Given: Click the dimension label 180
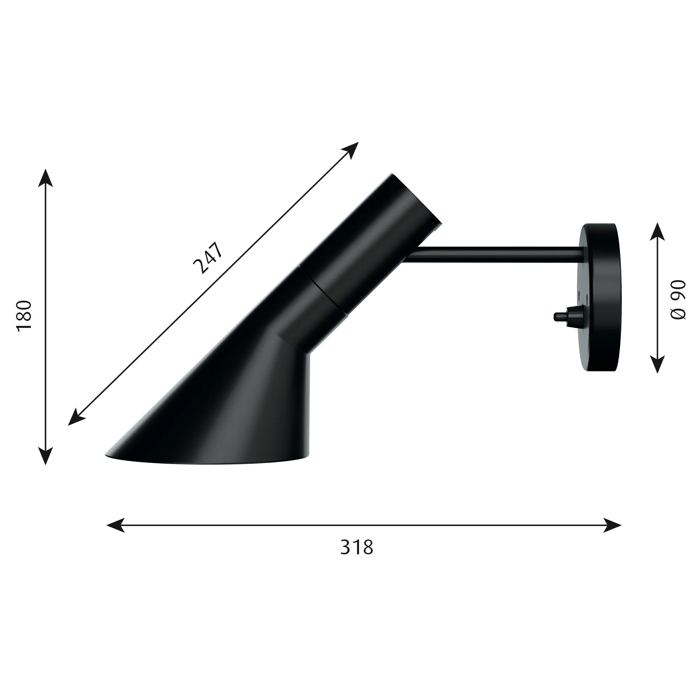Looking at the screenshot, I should [25, 315].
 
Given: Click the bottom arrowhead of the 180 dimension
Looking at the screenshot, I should [46, 455].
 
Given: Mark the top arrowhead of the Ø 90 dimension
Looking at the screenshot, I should [657, 232].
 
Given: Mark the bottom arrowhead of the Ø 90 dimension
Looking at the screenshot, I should [657, 364].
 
